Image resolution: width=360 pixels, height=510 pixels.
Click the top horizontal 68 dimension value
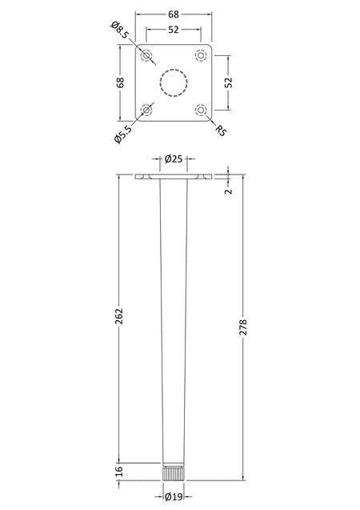pyautogui.click(x=174, y=14)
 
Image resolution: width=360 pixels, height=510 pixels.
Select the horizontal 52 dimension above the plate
pyautogui.click(x=174, y=30)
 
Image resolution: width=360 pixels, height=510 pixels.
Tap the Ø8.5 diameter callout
pyautogui.click(x=119, y=30)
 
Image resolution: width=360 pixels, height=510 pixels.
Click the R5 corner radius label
pyautogui.click(x=221, y=130)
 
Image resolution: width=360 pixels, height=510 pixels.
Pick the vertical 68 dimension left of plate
pyautogui.click(x=120, y=82)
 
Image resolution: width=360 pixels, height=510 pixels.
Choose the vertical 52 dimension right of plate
pyautogui.click(x=229, y=82)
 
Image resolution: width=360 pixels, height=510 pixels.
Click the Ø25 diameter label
pyautogui.click(x=174, y=159)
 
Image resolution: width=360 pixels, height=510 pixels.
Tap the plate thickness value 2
pyautogui.click(x=229, y=191)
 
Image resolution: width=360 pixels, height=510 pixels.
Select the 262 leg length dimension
pyautogui.click(x=119, y=316)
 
